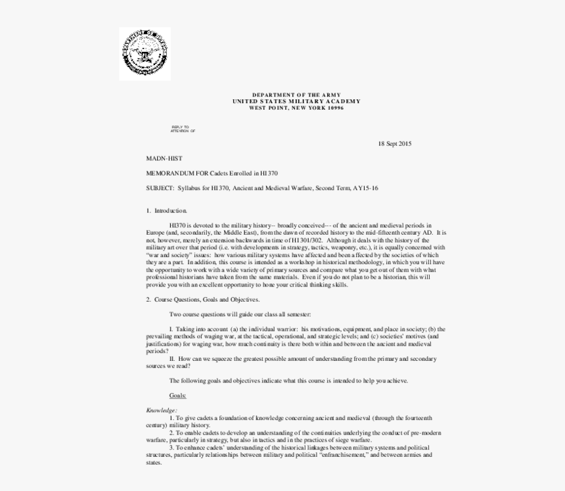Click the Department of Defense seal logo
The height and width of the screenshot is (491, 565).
point(145,53)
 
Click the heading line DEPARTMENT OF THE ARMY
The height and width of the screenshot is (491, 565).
point(296,95)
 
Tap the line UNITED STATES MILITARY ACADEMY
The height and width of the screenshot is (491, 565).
point(296,101)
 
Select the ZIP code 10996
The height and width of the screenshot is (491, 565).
point(335,107)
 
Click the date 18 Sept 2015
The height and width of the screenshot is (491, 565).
point(394,143)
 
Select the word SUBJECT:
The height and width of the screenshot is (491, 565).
point(160,188)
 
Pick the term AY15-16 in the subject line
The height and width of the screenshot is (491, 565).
point(365,188)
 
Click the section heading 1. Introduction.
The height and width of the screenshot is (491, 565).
point(166,210)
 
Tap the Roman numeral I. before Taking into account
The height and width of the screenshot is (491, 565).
point(171,329)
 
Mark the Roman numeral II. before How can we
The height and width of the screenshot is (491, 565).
point(172,359)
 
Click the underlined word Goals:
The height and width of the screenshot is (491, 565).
point(177,395)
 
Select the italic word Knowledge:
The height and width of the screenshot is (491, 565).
point(161,410)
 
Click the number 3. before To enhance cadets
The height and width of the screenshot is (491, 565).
point(171,448)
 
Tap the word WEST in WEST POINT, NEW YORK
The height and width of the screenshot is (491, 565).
point(257,107)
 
